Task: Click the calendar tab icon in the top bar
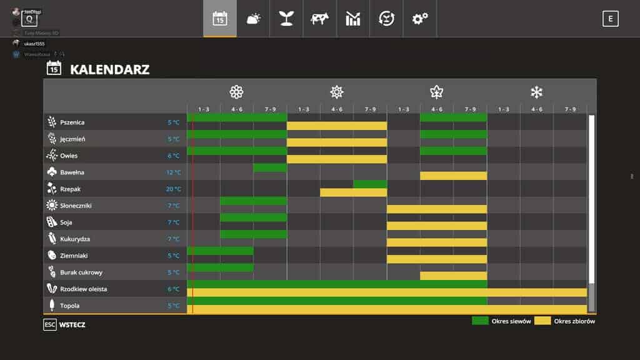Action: pyautogui.click(x=220, y=19)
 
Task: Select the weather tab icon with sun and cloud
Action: pyautogui.click(x=253, y=19)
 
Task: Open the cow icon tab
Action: pyautogui.click(x=319, y=19)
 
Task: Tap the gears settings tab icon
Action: pyautogui.click(x=420, y=19)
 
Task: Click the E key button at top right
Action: pyautogui.click(x=610, y=19)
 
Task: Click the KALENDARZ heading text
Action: pyautogui.click(x=109, y=69)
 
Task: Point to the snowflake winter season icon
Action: pyautogui.click(x=536, y=92)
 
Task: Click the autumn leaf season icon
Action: pyautogui.click(x=436, y=92)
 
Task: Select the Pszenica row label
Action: pyautogui.click(x=72, y=122)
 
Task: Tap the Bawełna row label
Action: pyautogui.click(x=72, y=172)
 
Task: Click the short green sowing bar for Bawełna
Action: pyautogui.click(x=270, y=167)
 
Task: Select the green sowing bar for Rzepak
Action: pyautogui.click(x=370, y=184)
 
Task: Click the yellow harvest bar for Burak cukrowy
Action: pyautogui.click(x=453, y=276)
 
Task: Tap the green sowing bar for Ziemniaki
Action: pyautogui.click(x=220, y=251)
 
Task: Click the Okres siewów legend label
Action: pyautogui.click(x=511, y=321)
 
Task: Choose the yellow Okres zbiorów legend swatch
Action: pyautogui.click(x=542, y=321)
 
